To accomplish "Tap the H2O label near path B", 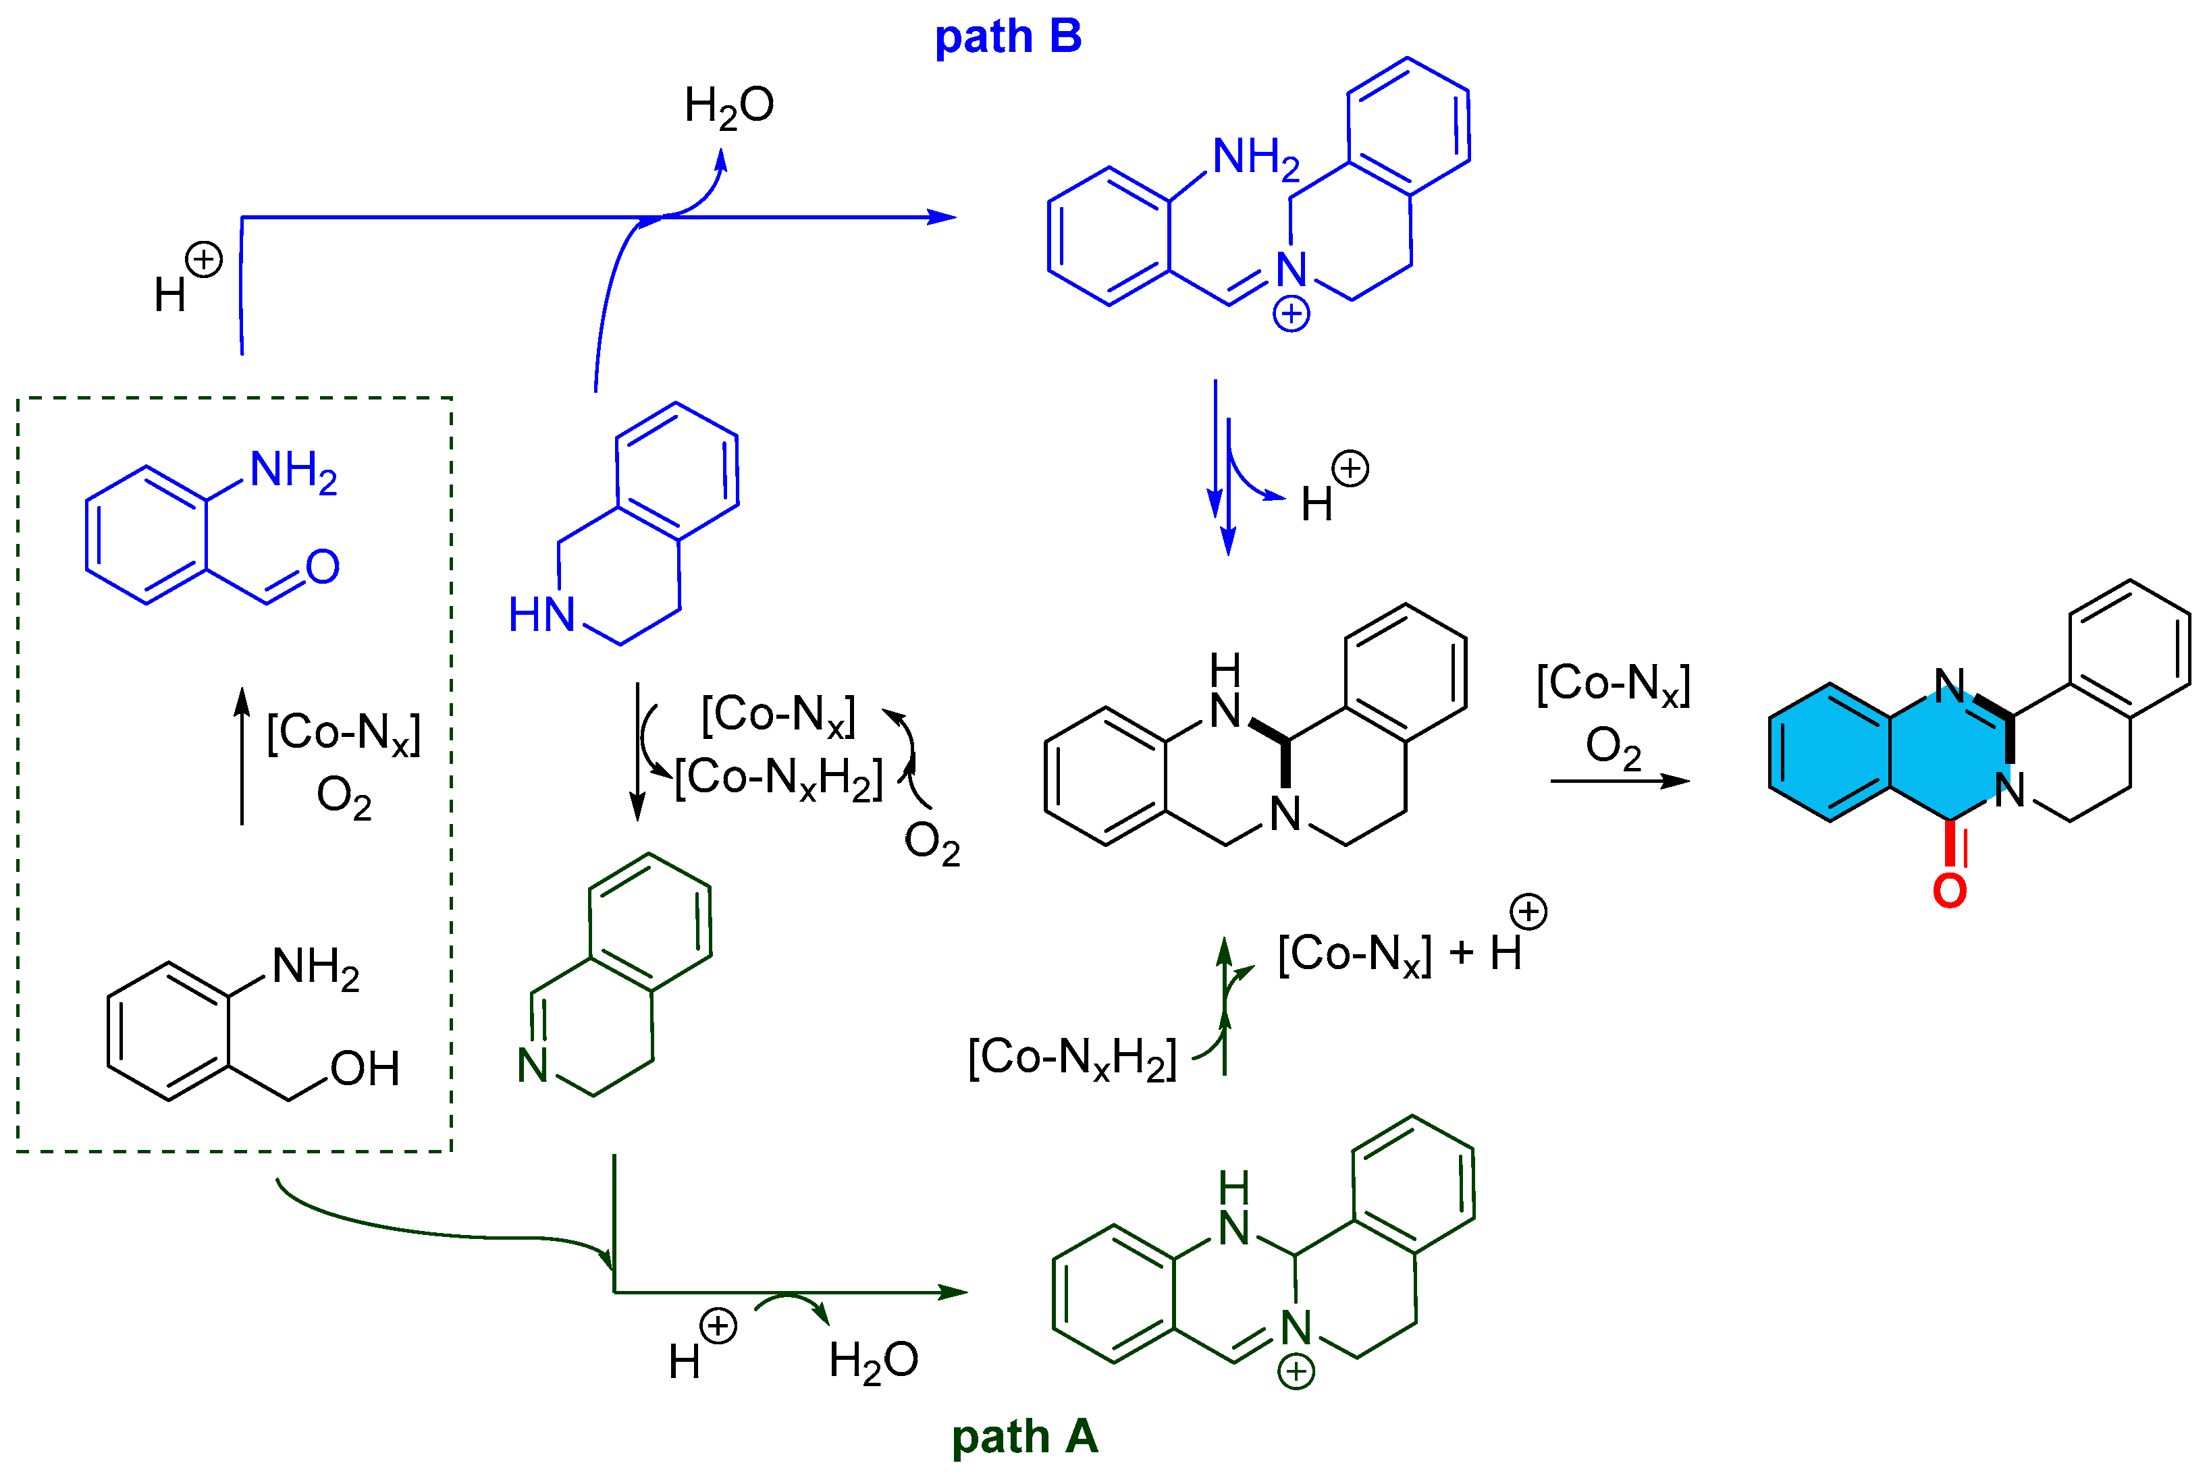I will (728, 106).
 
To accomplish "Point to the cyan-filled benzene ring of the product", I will (1830, 752).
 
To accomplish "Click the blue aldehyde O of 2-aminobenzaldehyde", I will (323, 567).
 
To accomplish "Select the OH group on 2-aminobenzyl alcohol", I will (365, 1068).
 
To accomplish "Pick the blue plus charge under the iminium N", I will (1291, 313).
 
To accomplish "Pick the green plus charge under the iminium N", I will (1296, 1371).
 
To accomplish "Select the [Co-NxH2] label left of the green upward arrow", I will (1072, 1057).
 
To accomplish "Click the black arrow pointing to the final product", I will (1619, 781).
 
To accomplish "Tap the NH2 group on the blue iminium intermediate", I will (1256, 157).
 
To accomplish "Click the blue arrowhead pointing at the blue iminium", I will (941, 218).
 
